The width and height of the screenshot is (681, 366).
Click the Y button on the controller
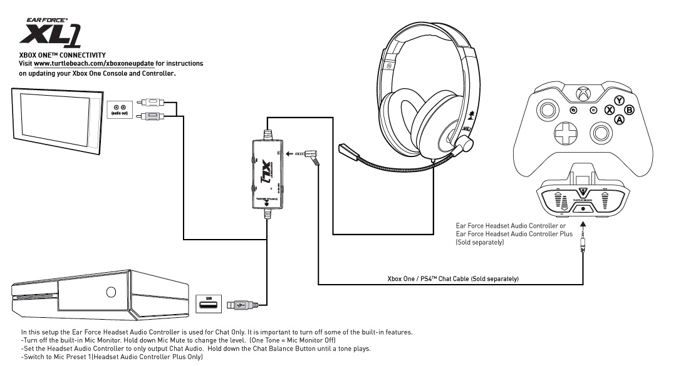[x=619, y=100]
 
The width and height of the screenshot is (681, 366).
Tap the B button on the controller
[x=630, y=109]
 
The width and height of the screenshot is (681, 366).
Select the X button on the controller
[x=608, y=109]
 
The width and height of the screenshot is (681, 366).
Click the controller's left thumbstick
[x=548, y=110]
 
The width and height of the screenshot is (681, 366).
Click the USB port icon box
[x=209, y=305]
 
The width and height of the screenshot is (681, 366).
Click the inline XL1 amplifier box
[x=267, y=173]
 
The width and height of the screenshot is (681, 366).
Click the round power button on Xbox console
[x=111, y=292]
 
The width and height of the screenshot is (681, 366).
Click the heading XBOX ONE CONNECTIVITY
[x=63, y=55]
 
